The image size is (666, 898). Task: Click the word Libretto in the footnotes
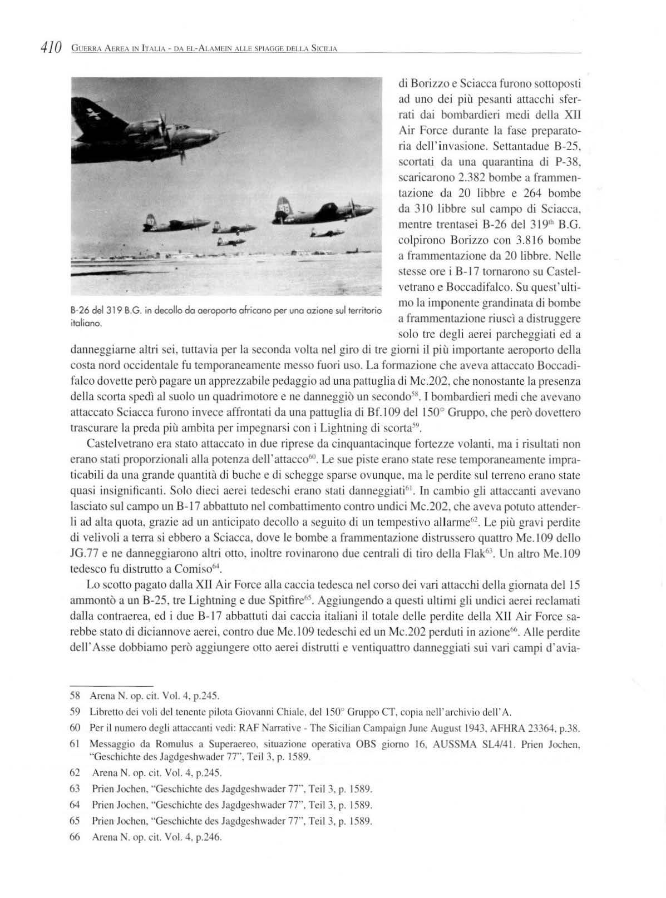[x=103, y=712]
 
